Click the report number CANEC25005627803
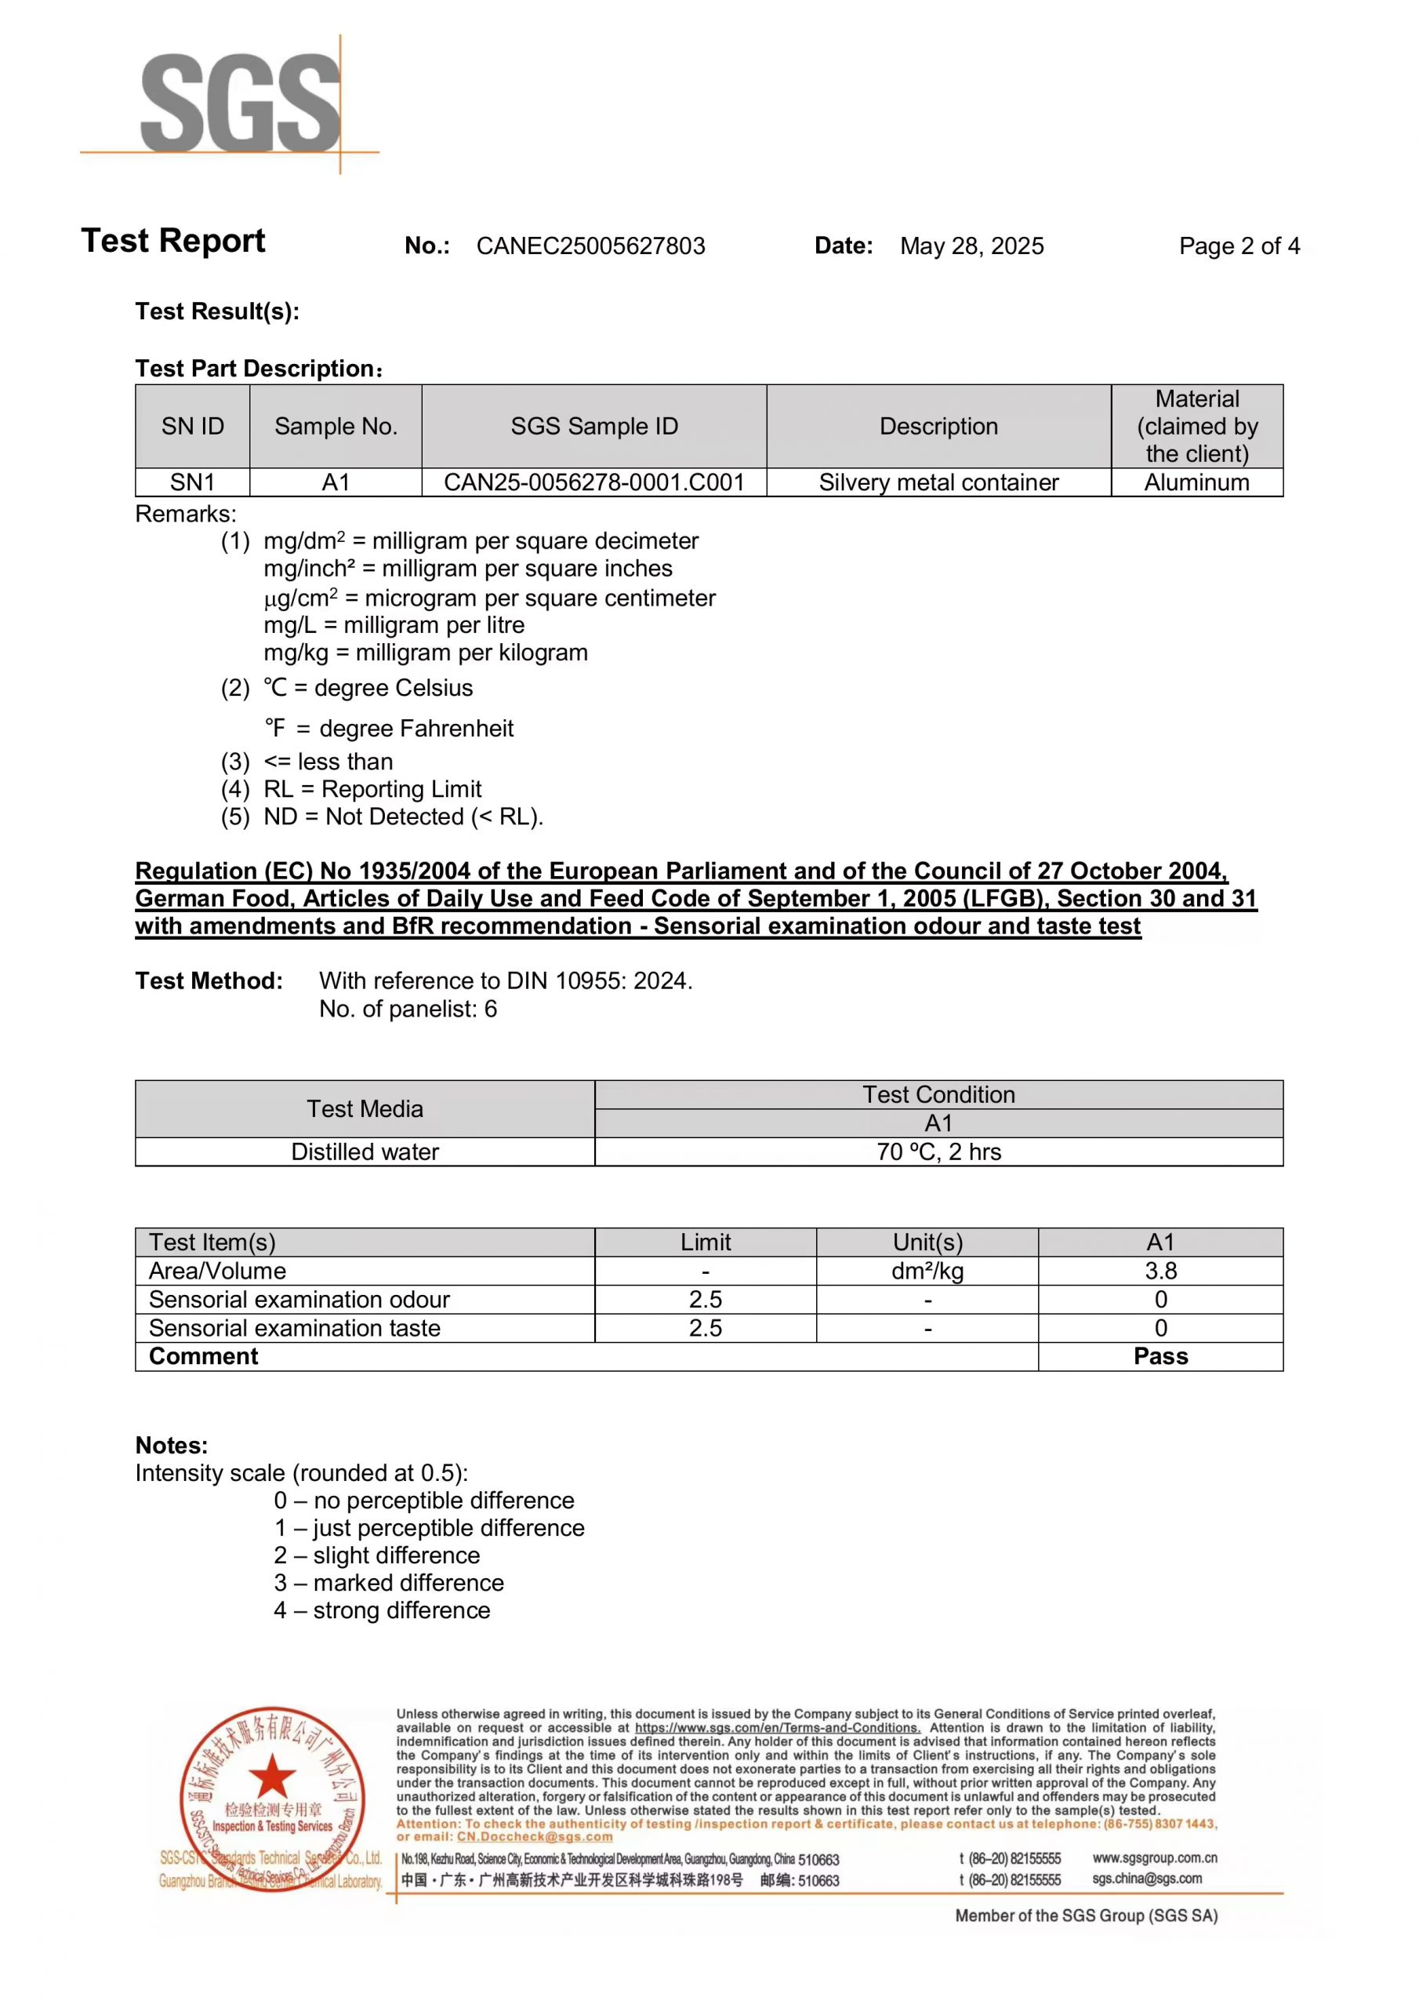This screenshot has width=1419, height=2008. click(x=590, y=246)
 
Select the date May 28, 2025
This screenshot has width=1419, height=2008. click(x=971, y=246)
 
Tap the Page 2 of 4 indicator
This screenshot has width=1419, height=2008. click(x=1238, y=246)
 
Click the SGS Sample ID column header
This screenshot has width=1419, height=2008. click(x=593, y=426)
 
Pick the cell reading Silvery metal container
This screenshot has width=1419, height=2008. click(x=938, y=482)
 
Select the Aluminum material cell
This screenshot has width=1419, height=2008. click(x=1196, y=482)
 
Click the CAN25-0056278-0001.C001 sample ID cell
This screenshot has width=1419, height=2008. click(x=593, y=482)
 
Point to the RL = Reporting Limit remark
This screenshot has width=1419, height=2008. click(x=372, y=789)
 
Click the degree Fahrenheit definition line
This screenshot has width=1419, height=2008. click(x=389, y=729)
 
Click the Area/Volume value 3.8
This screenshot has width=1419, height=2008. click(x=1160, y=1271)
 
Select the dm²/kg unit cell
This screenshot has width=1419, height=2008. click(x=927, y=1271)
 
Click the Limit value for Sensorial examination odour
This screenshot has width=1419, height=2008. click(x=705, y=1300)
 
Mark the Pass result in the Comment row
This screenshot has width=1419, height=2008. click(x=1160, y=1356)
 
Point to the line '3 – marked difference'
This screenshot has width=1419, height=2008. click(x=389, y=1583)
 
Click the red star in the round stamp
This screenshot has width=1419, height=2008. click(x=272, y=1777)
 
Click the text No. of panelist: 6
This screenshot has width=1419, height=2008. click(x=408, y=1009)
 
